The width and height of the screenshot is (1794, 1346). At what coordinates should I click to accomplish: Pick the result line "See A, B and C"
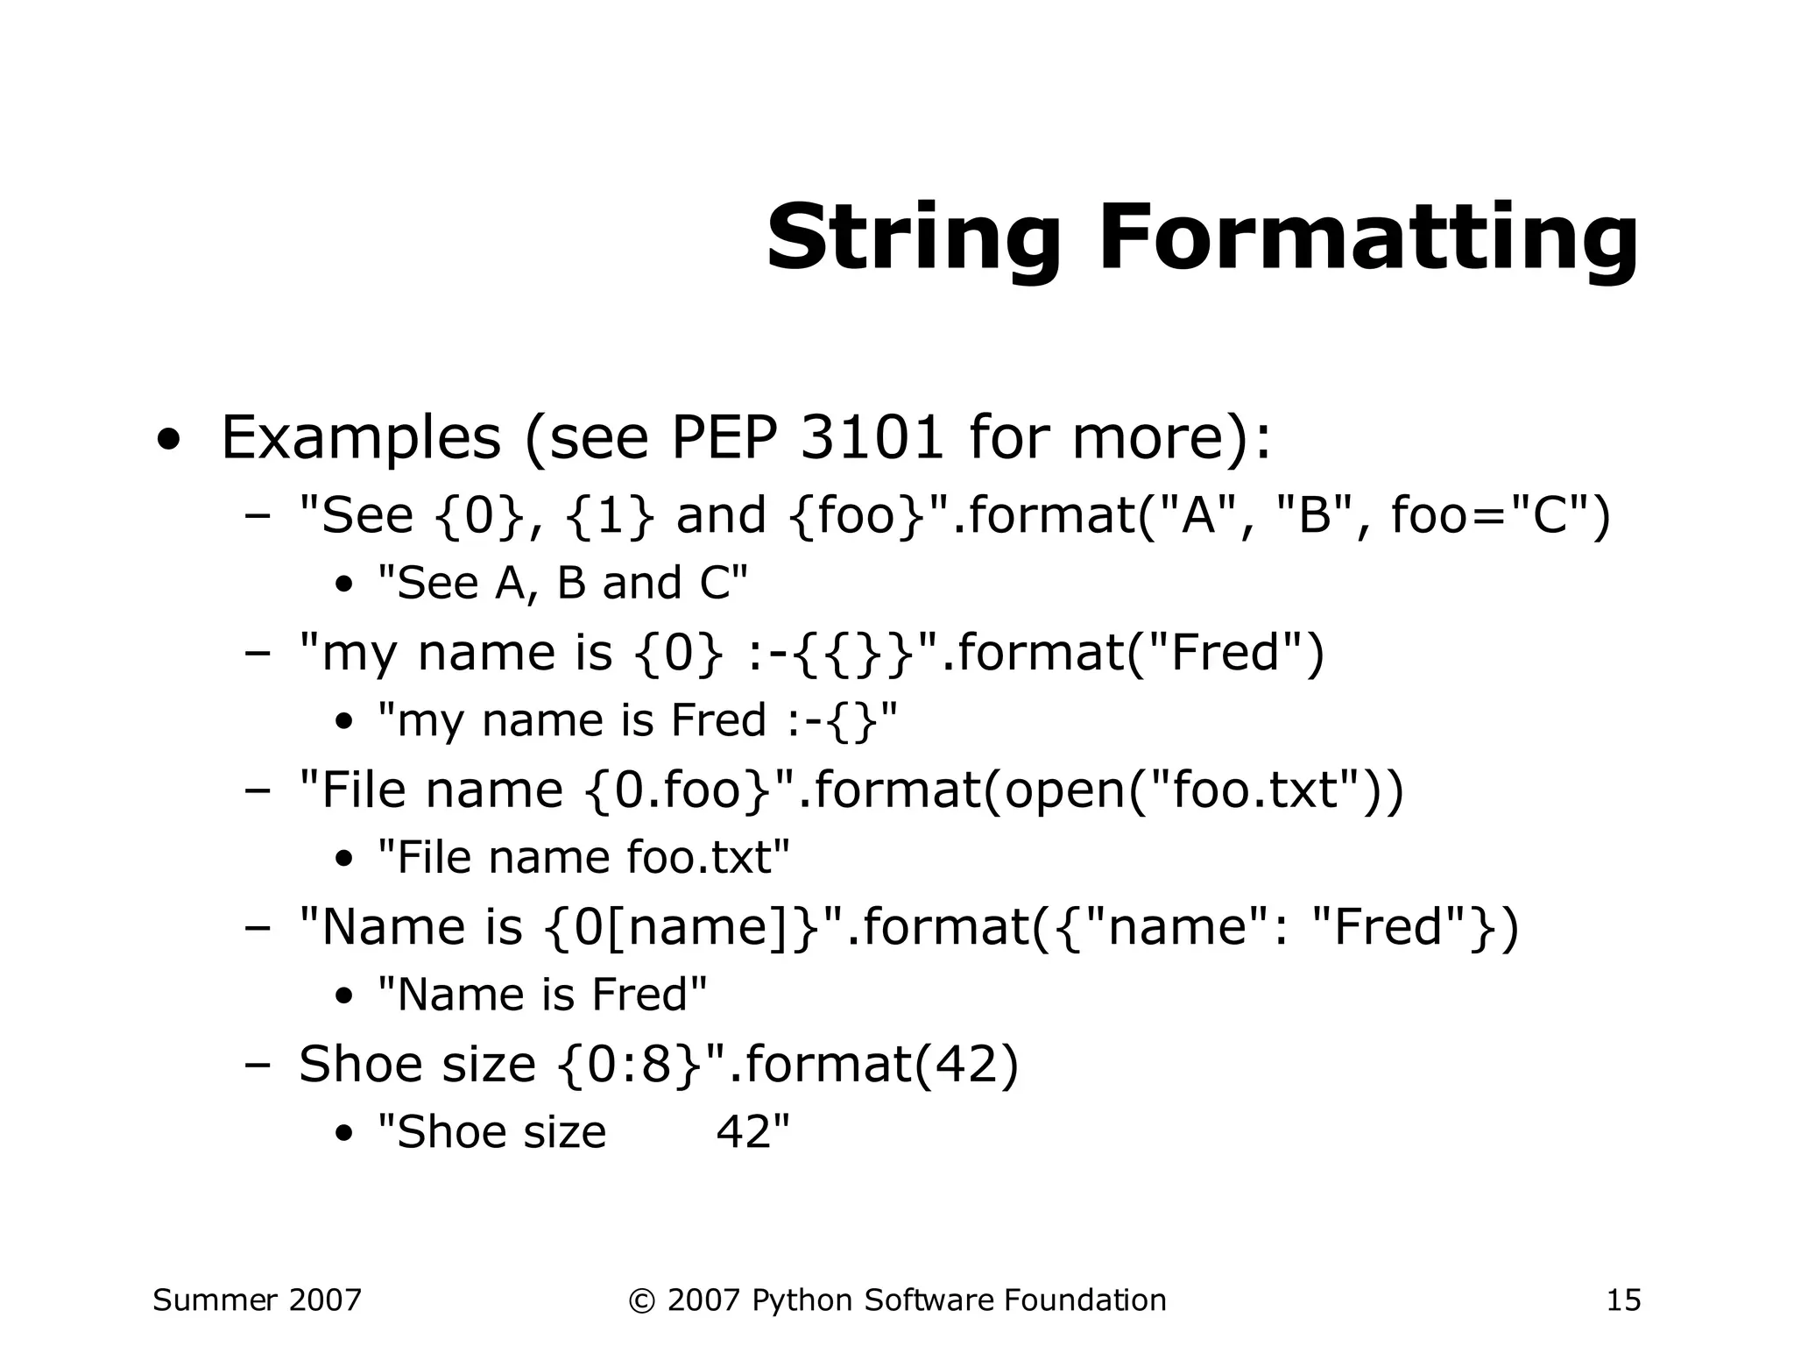[562, 583]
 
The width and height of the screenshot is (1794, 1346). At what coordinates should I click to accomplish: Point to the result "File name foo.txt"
[583, 857]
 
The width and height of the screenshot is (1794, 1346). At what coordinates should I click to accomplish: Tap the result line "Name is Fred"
[542, 995]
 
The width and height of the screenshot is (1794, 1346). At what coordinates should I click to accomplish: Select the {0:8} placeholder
[629, 1064]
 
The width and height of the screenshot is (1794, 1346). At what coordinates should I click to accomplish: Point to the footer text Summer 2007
[257, 1300]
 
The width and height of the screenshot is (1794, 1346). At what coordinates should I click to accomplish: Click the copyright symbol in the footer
[641, 1300]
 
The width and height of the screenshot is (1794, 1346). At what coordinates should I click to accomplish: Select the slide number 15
[1623, 1300]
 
